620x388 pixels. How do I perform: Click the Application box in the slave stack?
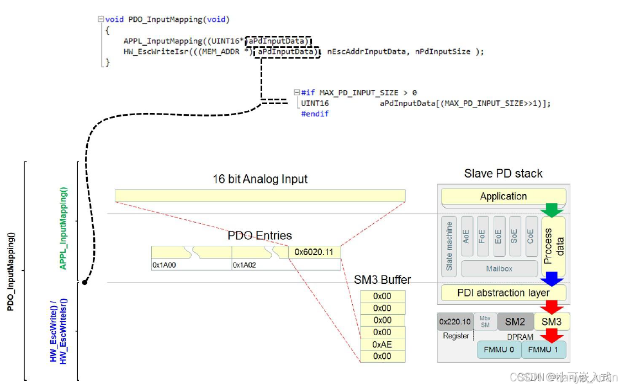(x=503, y=196)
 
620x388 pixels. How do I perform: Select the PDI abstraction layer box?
(x=503, y=293)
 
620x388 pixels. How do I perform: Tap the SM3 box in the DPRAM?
(x=552, y=321)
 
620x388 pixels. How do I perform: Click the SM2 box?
(x=515, y=321)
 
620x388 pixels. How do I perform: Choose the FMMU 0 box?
(x=499, y=349)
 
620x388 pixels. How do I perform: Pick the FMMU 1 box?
(x=544, y=349)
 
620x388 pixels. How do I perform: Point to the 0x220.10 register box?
(x=455, y=321)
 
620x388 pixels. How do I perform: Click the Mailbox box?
(x=499, y=268)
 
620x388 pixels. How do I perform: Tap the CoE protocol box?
(x=530, y=237)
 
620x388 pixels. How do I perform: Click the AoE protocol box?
(x=467, y=237)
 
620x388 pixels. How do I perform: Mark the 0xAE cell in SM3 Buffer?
(x=382, y=344)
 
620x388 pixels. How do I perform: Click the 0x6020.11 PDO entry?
(x=314, y=252)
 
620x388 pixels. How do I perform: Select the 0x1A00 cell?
(x=191, y=265)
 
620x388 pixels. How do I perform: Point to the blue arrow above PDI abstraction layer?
(x=552, y=278)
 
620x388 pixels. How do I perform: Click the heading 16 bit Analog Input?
(x=260, y=179)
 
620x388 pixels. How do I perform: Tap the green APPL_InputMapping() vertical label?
(x=63, y=228)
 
